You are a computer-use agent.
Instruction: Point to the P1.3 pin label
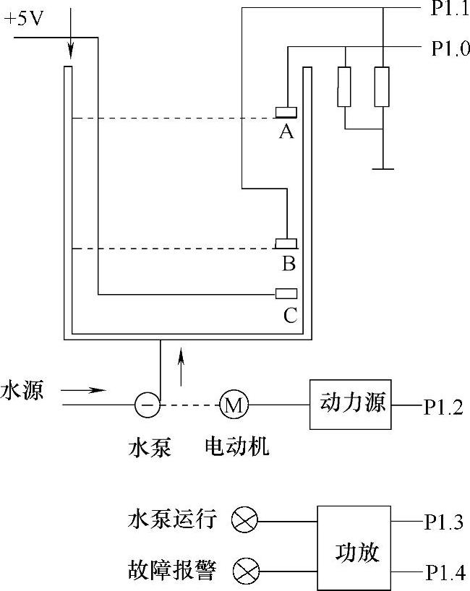443,522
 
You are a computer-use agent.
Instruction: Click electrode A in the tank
287,111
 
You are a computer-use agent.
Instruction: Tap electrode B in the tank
287,243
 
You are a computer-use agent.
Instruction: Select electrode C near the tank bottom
287,293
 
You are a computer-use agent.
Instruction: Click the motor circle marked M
233,405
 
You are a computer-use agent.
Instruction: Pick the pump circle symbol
148,405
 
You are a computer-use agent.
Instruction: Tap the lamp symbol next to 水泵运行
244,520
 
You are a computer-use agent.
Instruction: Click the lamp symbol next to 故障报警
244,573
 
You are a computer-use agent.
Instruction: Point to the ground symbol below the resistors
383,169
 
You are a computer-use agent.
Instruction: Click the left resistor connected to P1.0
345,87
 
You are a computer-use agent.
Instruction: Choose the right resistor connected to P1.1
383,87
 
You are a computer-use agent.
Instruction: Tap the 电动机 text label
237,447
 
